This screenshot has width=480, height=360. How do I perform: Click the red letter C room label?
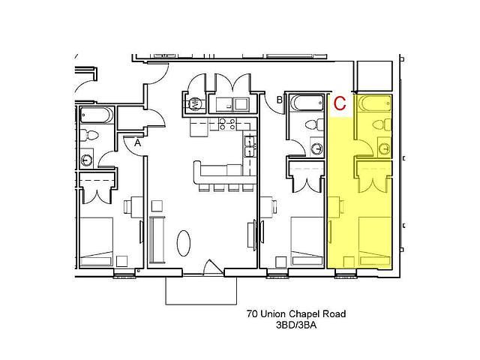340,103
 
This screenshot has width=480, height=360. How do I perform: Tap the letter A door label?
138,142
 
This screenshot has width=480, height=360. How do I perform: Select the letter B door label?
280,100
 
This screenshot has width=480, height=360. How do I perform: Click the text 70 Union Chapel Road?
296,313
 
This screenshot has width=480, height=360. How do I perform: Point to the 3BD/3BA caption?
296,325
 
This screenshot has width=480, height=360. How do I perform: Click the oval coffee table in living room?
184,243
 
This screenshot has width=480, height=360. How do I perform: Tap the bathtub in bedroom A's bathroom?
97,115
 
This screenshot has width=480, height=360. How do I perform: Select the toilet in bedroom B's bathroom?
314,125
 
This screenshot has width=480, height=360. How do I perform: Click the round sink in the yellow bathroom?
384,148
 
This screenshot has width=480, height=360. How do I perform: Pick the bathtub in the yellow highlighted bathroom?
375,103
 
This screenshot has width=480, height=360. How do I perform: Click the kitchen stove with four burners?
227,124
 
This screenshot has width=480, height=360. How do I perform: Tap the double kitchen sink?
250,147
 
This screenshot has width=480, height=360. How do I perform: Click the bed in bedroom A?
97,241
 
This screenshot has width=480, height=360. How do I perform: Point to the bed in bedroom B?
307,241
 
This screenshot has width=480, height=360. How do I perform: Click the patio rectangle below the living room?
201,290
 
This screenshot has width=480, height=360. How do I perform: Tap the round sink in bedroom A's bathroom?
87,160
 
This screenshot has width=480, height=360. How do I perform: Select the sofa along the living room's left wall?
157,240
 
